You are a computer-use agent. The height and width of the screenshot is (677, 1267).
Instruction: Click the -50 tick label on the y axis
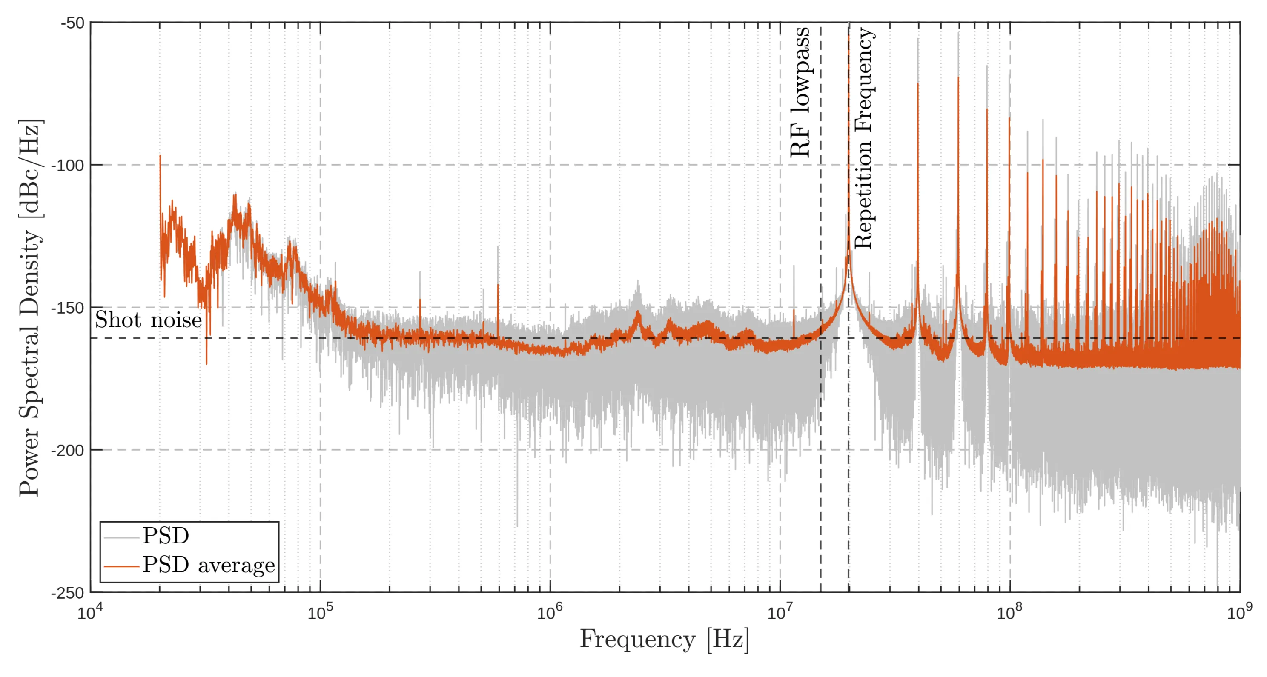[72, 23]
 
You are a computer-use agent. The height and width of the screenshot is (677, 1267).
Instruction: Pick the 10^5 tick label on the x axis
[320, 613]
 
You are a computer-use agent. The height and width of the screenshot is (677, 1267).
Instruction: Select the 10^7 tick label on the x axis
[780, 613]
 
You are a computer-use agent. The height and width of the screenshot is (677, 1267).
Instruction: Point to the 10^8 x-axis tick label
[1009, 613]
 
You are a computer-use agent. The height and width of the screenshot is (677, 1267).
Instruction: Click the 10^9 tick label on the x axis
[1239, 613]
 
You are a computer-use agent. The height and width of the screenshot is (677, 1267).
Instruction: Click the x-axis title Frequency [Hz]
[664, 640]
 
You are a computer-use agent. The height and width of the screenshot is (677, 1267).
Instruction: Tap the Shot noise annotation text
[148, 320]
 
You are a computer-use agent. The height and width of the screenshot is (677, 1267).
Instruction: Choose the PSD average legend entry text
[209, 565]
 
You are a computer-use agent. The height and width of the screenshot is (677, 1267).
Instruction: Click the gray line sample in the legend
[121, 537]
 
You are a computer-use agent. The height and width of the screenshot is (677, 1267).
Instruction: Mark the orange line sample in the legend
[121, 566]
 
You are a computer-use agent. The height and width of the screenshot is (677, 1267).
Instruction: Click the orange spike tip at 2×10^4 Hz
[160, 156]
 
